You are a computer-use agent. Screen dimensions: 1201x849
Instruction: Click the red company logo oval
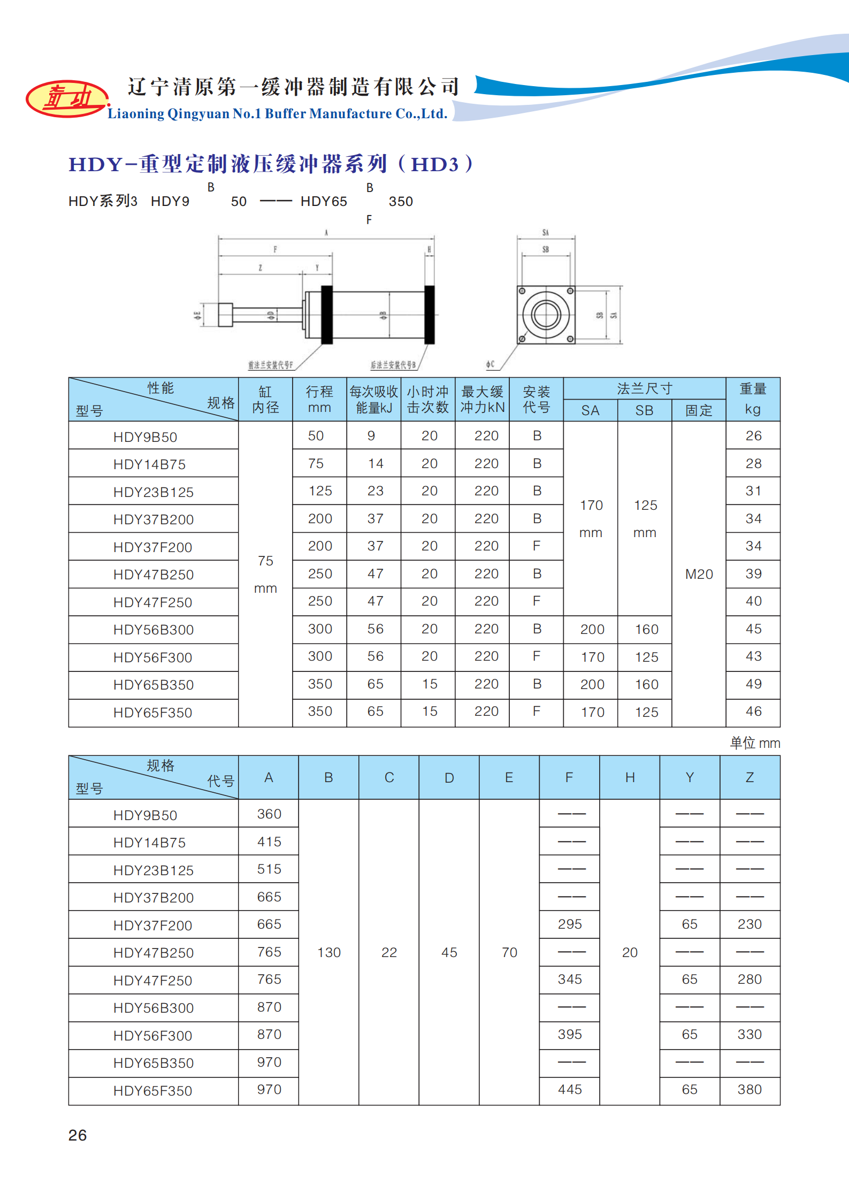pyautogui.click(x=66, y=98)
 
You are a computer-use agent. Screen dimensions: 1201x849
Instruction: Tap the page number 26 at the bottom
pyautogui.click(x=78, y=1135)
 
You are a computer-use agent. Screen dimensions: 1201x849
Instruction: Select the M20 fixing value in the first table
pyautogui.click(x=699, y=574)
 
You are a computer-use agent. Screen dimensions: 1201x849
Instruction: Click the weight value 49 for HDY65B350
pyautogui.click(x=753, y=684)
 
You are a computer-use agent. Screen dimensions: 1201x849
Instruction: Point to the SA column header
pyautogui.click(x=590, y=410)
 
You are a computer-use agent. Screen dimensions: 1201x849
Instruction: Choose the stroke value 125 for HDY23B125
pyautogui.click(x=320, y=491)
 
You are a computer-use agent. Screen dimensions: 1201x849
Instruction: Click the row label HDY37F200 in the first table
pyautogui.click(x=152, y=547)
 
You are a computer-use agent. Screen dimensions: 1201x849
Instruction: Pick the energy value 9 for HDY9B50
pyautogui.click(x=371, y=435)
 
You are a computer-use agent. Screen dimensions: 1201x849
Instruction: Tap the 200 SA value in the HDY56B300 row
pyautogui.click(x=592, y=629)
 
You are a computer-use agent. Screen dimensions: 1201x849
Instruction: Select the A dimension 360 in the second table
pyautogui.click(x=269, y=814)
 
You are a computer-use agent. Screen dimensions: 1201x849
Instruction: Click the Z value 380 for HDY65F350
pyautogui.click(x=749, y=1089)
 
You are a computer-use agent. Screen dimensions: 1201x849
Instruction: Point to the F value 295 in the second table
pyautogui.click(x=570, y=924)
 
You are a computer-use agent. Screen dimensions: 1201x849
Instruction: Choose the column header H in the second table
pyautogui.click(x=630, y=777)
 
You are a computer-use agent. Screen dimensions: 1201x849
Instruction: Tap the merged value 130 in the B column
pyautogui.click(x=329, y=952)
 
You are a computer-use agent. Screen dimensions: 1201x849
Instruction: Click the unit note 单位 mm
pyautogui.click(x=755, y=743)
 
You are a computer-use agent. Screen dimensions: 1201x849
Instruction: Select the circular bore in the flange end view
pyautogui.click(x=546, y=315)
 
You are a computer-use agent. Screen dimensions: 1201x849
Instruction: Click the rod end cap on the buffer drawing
pyautogui.click(x=225, y=315)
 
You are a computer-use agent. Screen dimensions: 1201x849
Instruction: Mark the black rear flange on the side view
pyautogui.click(x=429, y=315)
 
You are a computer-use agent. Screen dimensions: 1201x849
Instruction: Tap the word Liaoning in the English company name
pyautogui.click(x=136, y=113)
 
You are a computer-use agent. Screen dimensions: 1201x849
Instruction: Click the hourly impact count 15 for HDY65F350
pyautogui.click(x=430, y=711)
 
